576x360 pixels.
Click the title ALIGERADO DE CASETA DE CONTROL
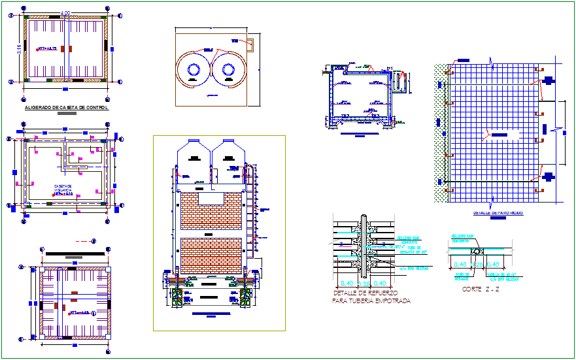pyautogui.click(x=66, y=107)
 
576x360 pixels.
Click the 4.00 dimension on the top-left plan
pyautogui.click(x=65, y=13)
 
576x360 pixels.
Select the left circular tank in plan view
pyautogui.click(x=194, y=69)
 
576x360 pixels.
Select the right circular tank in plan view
pyautogui.click(x=229, y=69)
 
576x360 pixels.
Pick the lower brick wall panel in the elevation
pyautogui.click(x=211, y=255)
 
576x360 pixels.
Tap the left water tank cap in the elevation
pyautogui.click(x=194, y=140)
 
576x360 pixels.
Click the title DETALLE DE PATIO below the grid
pyautogui.click(x=498, y=213)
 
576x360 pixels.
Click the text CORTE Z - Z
pyautogui.click(x=481, y=289)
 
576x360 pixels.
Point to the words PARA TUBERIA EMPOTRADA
pyautogui.click(x=371, y=301)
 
